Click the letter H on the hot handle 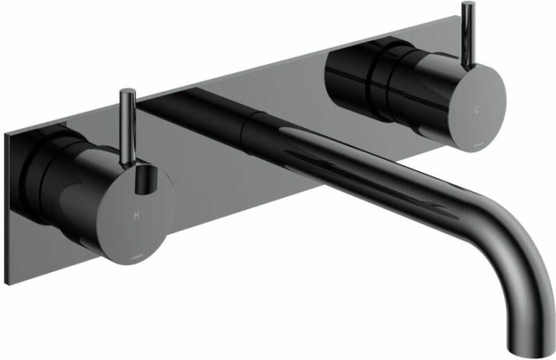[x=135, y=215]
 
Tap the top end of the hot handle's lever [x=127, y=92]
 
